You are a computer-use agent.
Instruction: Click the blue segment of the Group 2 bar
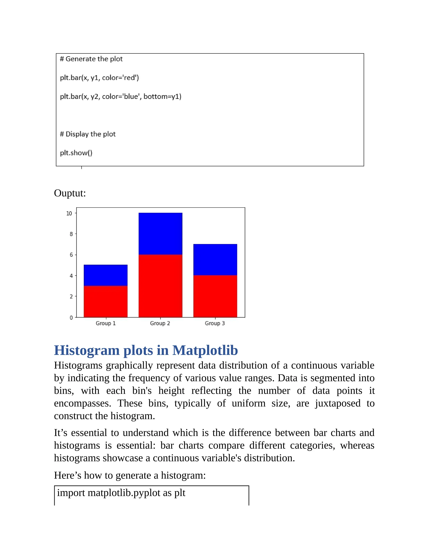(160, 234)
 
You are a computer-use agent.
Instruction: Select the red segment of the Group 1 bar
(106, 301)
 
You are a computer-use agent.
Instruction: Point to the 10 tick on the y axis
(69, 213)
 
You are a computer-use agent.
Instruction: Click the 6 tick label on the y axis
(71, 255)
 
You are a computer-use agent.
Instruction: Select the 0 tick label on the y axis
(71, 318)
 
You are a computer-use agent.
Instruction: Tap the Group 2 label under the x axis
(160, 323)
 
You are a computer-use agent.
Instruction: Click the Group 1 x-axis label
(106, 323)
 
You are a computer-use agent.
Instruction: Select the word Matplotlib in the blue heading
(205, 350)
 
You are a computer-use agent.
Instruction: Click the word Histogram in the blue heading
(87, 350)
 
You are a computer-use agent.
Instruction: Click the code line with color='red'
(99, 78)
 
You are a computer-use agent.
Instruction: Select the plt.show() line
(76, 153)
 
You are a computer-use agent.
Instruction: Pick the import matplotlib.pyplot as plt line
(121, 493)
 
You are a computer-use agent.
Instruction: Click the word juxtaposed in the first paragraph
(337, 403)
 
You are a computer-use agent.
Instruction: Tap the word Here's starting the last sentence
(67, 475)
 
